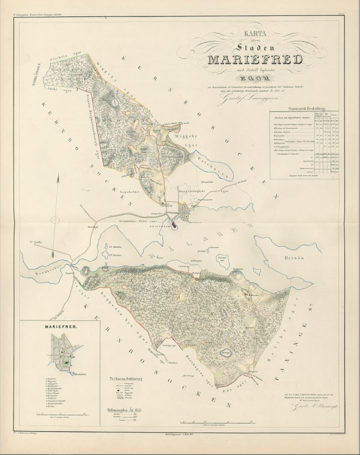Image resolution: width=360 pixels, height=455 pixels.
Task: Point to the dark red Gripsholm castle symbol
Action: click(x=174, y=227)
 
